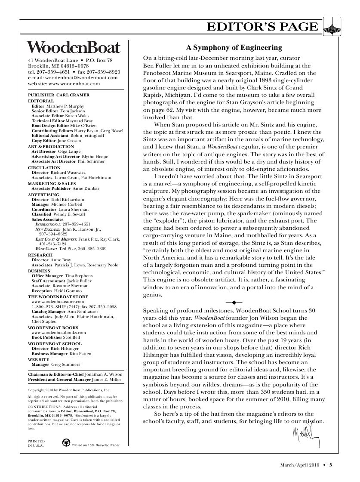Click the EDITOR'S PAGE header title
263,27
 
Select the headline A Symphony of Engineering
234,48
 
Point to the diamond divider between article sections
234,303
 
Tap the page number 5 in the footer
331,464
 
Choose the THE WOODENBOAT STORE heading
58,297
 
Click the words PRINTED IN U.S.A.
34,443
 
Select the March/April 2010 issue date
299,464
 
